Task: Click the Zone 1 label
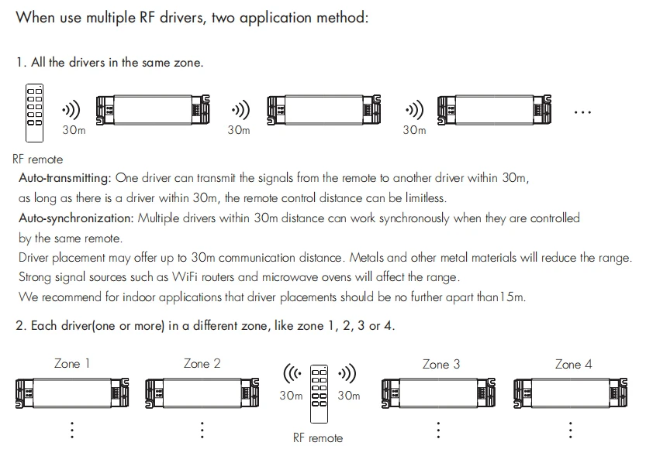tap(72, 364)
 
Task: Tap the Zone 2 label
tap(202, 364)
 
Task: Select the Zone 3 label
tap(441, 364)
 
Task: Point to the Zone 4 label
tap(573, 364)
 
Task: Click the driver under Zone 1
tap(72, 393)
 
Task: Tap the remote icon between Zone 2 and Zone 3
tap(320, 394)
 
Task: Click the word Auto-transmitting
tap(65, 178)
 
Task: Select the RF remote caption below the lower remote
tap(317, 438)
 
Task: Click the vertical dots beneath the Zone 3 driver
tap(439, 430)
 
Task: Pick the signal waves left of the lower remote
tap(292, 375)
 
